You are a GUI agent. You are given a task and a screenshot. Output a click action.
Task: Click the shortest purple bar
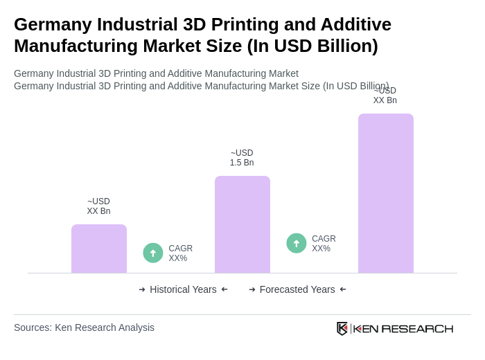point(99,249)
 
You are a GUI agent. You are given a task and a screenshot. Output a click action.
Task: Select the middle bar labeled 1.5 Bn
point(242,224)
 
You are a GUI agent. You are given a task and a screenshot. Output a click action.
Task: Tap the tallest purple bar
point(386,193)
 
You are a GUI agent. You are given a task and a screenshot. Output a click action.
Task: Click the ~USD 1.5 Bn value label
point(242,158)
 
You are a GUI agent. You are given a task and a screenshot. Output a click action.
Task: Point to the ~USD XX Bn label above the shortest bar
point(98,206)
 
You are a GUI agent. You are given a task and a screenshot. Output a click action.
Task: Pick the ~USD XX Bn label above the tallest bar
point(385,96)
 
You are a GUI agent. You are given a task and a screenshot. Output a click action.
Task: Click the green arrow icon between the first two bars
point(153,253)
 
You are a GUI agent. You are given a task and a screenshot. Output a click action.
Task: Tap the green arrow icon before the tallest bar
point(297,243)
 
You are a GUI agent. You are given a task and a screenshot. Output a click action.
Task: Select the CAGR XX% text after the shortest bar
point(180,253)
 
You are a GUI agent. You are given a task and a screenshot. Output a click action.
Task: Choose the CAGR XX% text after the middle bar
point(324,244)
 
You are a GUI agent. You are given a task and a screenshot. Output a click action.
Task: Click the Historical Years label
point(183,289)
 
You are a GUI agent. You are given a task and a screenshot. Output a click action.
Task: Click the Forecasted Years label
point(297,289)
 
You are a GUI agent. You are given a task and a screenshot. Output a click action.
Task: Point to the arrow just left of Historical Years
point(142,289)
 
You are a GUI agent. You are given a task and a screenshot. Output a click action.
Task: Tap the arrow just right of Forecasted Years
point(343,289)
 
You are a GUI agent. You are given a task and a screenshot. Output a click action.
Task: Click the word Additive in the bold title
point(356,24)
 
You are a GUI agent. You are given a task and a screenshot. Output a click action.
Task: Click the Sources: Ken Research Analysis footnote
point(84,327)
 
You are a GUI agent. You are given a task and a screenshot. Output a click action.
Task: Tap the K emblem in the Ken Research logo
point(342,328)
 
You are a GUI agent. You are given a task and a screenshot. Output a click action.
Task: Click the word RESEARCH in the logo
point(417,328)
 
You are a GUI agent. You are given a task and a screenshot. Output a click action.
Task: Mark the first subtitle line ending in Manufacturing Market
point(156,73)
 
